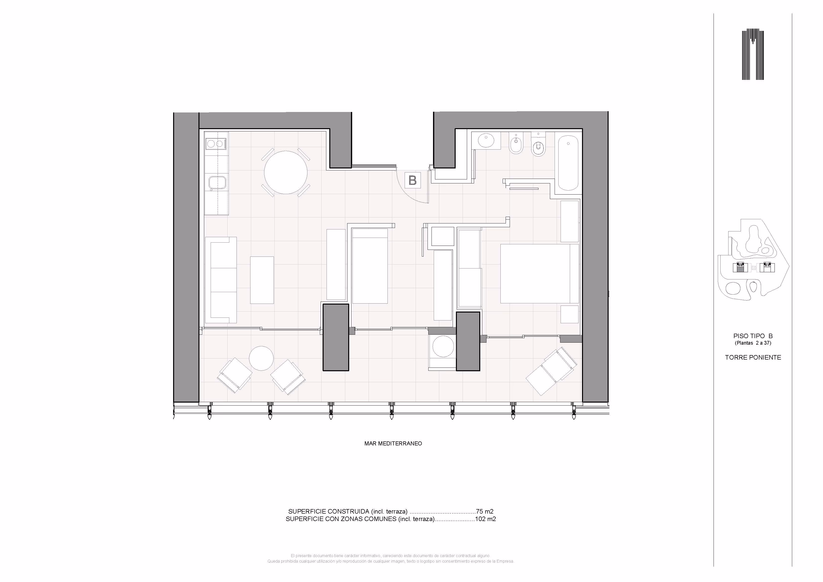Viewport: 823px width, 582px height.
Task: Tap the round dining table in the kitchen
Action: click(286, 172)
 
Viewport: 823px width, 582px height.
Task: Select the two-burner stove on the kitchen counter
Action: click(216, 144)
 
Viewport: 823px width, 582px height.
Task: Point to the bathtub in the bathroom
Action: click(568, 162)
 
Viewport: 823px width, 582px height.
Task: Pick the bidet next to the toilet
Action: click(516, 144)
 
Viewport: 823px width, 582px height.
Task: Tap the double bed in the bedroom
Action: click(539, 274)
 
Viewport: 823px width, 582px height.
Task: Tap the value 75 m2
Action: click(485, 511)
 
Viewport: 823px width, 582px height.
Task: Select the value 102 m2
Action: click(485, 519)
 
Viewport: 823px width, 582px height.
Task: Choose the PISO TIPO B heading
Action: click(753, 336)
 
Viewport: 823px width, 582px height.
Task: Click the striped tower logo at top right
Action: click(753, 55)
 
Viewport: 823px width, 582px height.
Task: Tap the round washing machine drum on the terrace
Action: click(443, 346)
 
